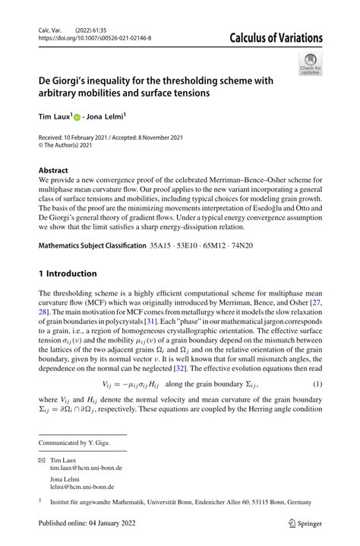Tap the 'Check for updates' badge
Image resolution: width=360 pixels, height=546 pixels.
[310, 64]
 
